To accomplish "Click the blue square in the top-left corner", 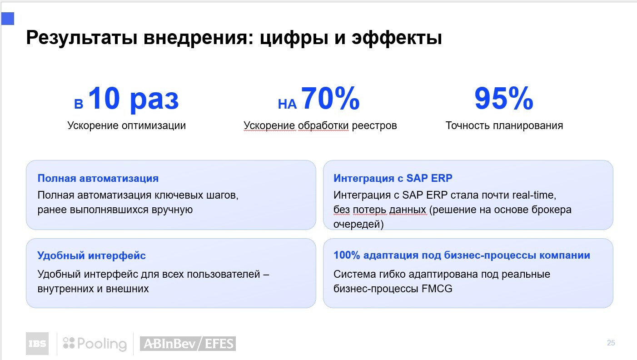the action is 8,19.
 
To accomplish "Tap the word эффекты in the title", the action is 397,38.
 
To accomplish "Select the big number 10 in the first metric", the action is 104,98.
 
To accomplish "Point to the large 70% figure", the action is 330,98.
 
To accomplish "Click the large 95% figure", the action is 504,98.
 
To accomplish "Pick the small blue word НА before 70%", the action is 287,104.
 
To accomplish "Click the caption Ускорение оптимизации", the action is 127,125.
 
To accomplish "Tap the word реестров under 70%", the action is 374,125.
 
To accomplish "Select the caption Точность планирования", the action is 504,125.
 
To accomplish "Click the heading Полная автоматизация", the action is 98,178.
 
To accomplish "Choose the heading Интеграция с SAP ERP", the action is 393,178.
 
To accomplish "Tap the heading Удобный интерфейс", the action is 92,255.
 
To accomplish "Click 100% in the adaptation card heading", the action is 347,255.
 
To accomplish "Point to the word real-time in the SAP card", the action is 534,195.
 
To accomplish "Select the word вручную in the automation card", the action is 172,210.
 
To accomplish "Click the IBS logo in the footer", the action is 37,344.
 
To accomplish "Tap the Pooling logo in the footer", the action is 95,344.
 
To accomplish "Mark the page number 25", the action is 611,343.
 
